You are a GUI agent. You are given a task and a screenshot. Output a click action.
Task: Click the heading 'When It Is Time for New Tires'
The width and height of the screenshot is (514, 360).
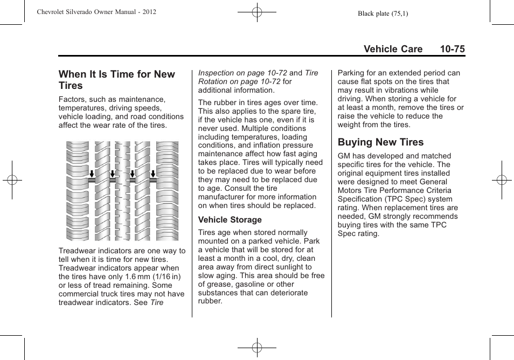[x=116, y=80]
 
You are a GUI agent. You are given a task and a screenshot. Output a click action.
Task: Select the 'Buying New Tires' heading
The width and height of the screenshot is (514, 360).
[x=380, y=142]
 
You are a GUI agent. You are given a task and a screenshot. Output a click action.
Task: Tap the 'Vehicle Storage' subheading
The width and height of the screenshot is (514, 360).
[x=230, y=220]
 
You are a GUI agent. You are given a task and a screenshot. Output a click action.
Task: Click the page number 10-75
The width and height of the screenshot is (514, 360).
[x=452, y=49]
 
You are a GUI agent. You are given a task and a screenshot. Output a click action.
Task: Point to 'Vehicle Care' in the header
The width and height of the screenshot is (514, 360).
[x=393, y=49]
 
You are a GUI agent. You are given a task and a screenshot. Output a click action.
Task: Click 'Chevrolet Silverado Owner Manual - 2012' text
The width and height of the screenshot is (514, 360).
[x=97, y=11]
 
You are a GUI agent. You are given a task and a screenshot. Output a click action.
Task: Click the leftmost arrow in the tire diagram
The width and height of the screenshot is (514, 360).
[x=92, y=174]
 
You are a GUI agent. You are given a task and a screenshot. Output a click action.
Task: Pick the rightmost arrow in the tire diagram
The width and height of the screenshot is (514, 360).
[x=153, y=174]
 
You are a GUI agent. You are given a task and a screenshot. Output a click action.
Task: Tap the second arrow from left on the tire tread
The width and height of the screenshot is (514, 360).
[x=112, y=174]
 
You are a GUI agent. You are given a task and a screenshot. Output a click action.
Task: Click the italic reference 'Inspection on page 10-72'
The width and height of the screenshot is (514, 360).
[x=242, y=73]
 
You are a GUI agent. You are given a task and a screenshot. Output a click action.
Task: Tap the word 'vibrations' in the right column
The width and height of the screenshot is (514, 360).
[x=399, y=91]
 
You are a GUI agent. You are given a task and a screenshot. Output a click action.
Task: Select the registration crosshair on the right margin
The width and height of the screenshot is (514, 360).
[x=501, y=180]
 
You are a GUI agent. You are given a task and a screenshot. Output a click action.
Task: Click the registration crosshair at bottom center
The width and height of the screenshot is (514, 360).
[x=256, y=348]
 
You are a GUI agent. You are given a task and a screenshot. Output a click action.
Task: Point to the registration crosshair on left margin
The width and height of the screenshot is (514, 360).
[x=12, y=180]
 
